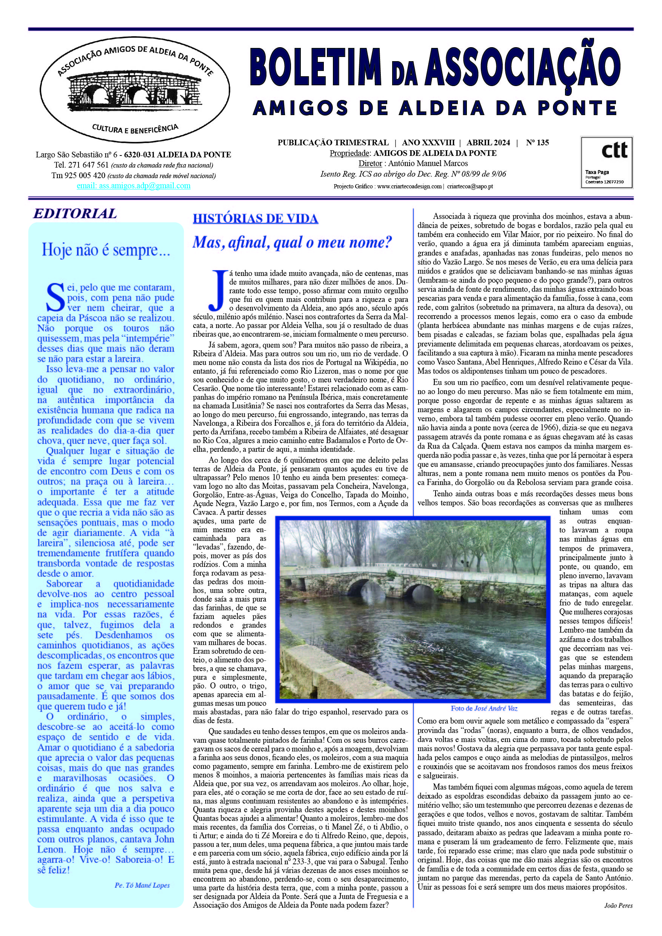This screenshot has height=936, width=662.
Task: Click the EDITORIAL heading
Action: click(75, 214)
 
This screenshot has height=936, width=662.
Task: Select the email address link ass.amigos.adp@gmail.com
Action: click(133, 186)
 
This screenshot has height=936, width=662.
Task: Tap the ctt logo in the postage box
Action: click(614, 151)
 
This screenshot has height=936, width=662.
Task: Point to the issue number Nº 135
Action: click(537, 143)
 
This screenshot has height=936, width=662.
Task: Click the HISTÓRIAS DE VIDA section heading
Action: click(255, 219)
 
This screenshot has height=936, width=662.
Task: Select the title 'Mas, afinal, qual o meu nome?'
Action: click(292, 243)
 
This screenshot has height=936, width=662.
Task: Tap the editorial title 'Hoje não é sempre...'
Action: click(106, 249)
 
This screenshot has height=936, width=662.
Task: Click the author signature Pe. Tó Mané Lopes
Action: click(142, 885)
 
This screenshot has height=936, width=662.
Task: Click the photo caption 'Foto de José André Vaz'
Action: click(484, 708)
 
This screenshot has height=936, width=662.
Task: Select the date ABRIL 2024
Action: click(488, 143)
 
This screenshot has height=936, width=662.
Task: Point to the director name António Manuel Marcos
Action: click(428, 163)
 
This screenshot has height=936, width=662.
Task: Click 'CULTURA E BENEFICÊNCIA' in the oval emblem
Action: click(135, 129)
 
